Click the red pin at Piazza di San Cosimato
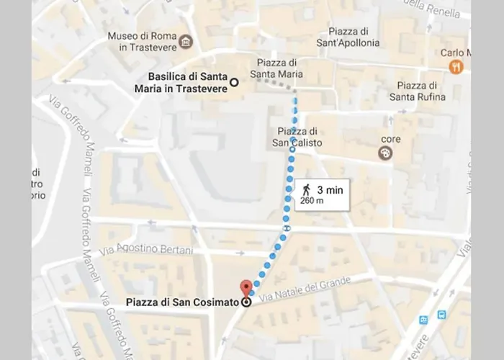(x=246, y=287)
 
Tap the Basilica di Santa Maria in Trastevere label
(x=186, y=83)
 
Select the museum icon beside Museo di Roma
(x=187, y=42)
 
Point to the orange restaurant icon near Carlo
(x=455, y=67)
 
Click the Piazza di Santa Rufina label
(x=417, y=91)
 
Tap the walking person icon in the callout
(x=307, y=189)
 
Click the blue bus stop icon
(x=441, y=314)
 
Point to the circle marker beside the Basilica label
(x=233, y=83)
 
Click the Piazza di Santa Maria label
(x=276, y=68)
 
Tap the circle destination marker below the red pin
(x=247, y=302)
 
